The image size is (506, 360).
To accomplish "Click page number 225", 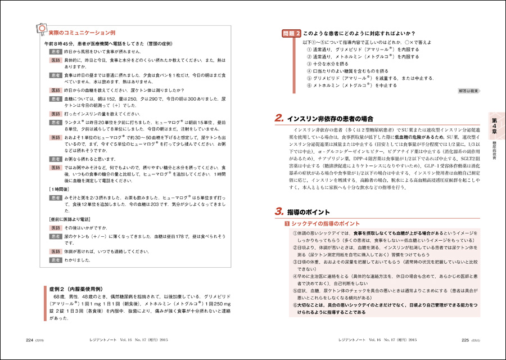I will pyautogui.click(x=466, y=340).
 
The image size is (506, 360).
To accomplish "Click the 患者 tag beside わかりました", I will pyautogui.click(x=56, y=260).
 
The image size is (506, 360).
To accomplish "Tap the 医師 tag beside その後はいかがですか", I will pyautogui.click(x=56, y=227).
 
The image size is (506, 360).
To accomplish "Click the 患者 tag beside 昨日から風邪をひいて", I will pyautogui.click(x=56, y=51).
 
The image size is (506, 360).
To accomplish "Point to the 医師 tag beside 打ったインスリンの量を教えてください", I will pyautogui.click(x=56, y=114).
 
